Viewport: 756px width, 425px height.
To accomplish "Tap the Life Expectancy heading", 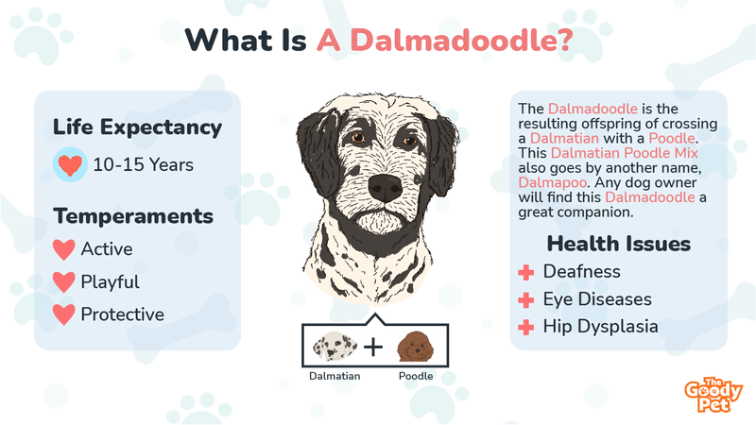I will [x=137, y=127].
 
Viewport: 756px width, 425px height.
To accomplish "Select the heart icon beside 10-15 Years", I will [x=69, y=165].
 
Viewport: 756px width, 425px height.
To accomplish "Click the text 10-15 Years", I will [x=143, y=165].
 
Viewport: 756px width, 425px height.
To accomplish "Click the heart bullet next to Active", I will [x=64, y=250].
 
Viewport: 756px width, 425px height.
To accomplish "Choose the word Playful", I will [x=110, y=281].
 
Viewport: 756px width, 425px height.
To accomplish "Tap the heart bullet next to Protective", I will [x=64, y=314].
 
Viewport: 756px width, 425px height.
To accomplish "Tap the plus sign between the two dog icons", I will [x=373, y=347].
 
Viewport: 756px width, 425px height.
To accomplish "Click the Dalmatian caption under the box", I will [x=335, y=376].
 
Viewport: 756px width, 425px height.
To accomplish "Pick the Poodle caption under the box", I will [x=415, y=376].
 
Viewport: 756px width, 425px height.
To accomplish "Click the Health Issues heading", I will [x=619, y=245].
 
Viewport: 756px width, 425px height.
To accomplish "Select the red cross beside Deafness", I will [x=526, y=272].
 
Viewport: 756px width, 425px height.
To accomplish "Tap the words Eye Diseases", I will [x=597, y=299].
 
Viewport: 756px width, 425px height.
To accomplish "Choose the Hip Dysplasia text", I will [x=600, y=327].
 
